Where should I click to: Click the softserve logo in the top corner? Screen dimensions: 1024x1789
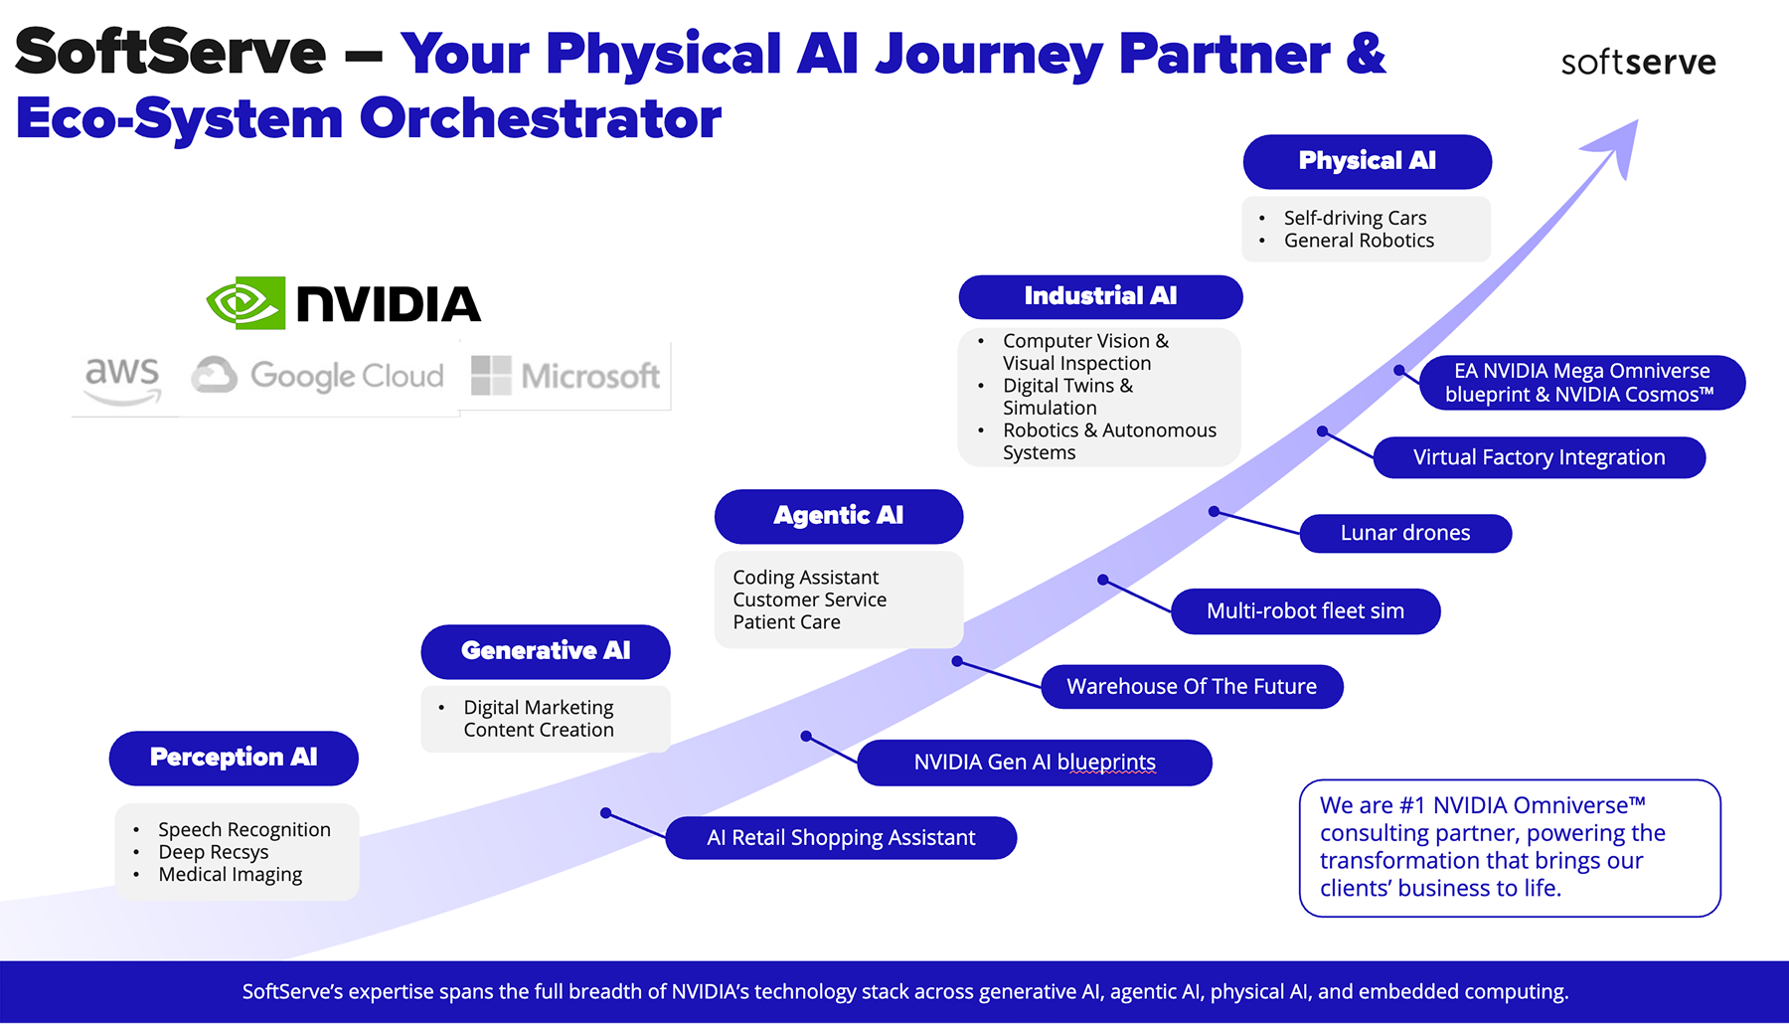coord(1638,63)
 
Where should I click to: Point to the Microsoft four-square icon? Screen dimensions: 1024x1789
coord(491,376)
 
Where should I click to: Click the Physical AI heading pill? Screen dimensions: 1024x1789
coord(1367,161)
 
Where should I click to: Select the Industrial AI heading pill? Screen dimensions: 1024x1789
coord(1100,296)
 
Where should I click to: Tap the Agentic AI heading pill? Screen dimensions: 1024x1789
coord(838,516)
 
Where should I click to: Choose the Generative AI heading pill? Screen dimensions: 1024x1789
coord(546,651)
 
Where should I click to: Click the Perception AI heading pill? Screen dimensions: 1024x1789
coord(234,758)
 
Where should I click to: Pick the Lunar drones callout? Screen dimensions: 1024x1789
coord(1405,533)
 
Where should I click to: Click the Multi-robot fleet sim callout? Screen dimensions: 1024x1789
coord(1305,611)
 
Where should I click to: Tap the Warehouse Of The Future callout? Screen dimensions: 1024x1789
coord(1192,687)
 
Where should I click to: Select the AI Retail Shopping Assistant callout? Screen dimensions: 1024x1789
coord(841,838)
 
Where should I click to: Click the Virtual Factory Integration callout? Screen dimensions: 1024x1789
coord(1539,457)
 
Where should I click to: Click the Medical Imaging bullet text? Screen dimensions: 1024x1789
coord(230,875)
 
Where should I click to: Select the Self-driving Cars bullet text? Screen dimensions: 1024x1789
coord(1355,218)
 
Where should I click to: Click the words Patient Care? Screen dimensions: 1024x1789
coord(786,622)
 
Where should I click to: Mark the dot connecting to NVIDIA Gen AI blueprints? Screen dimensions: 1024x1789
coord(806,737)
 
